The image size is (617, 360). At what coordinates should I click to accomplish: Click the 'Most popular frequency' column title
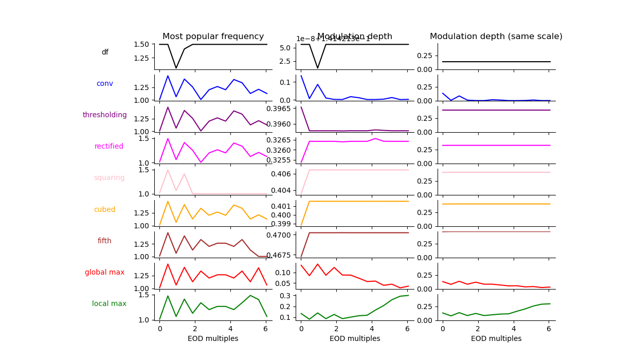(x=213, y=37)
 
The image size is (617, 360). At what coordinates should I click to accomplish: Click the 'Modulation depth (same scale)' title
(x=496, y=37)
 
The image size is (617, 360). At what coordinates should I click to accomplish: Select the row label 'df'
(x=105, y=52)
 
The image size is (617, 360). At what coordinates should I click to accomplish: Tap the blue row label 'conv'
(x=105, y=83)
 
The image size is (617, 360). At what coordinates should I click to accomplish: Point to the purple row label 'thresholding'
(x=105, y=115)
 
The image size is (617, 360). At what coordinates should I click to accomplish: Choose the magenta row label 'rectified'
(x=109, y=146)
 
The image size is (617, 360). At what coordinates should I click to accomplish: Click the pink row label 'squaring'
(x=109, y=177)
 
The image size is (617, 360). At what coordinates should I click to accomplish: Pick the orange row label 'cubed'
(x=105, y=209)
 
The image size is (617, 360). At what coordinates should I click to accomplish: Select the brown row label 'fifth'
(x=105, y=241)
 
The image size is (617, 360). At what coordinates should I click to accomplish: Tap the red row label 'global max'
(x=105, y=272)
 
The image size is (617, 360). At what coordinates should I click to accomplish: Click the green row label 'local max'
(x=109, y=303)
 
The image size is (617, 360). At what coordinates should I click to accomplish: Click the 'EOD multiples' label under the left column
(x=213, y=338)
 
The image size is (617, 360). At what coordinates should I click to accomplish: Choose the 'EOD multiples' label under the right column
(x=496, y=338)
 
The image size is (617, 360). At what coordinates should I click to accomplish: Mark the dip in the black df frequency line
(x=176, y=67)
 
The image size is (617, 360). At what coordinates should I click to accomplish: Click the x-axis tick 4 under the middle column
(x=372, y=328)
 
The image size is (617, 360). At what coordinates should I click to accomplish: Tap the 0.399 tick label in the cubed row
(x=284, y=224)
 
